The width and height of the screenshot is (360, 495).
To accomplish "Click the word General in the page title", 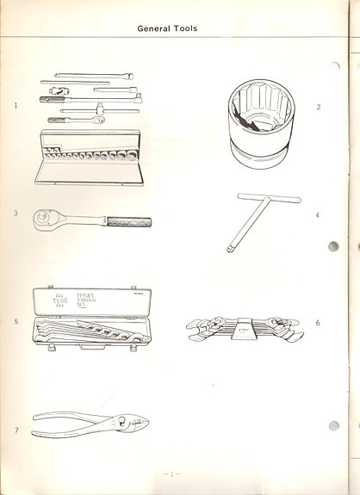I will [155, 28].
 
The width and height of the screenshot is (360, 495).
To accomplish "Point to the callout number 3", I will [16, 213].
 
